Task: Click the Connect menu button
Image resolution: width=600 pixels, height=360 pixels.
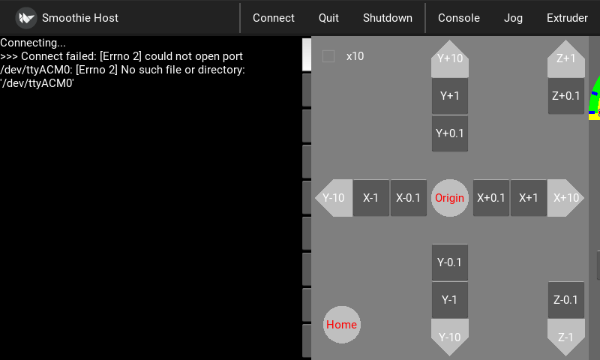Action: (274, 18)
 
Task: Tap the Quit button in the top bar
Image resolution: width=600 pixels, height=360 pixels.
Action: (328, 18)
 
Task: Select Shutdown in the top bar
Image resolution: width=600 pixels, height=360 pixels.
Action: (387, 18)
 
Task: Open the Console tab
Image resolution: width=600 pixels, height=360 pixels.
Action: (458, 18)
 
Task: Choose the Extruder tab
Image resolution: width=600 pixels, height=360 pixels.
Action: (567, 18)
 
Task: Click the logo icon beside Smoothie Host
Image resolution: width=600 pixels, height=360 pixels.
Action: (26, 18)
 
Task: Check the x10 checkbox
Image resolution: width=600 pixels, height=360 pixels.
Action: (328, 56)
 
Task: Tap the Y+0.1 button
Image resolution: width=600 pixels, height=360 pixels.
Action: (450, 133)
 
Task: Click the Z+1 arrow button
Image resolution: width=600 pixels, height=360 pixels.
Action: (566, 58)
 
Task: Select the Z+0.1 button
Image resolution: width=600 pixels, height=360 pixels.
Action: (566, 96)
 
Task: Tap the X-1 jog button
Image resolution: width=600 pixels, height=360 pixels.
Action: (371, 198)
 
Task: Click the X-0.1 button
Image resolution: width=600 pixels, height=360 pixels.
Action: (409, 198)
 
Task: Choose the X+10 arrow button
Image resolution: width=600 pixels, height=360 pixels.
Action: (566, 198)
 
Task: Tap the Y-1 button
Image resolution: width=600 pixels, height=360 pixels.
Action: (450, 300)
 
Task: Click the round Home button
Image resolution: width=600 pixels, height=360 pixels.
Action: (341, 325)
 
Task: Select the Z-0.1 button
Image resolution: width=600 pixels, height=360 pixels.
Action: (566, 300)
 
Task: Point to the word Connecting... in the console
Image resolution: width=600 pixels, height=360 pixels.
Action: (33, 43)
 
